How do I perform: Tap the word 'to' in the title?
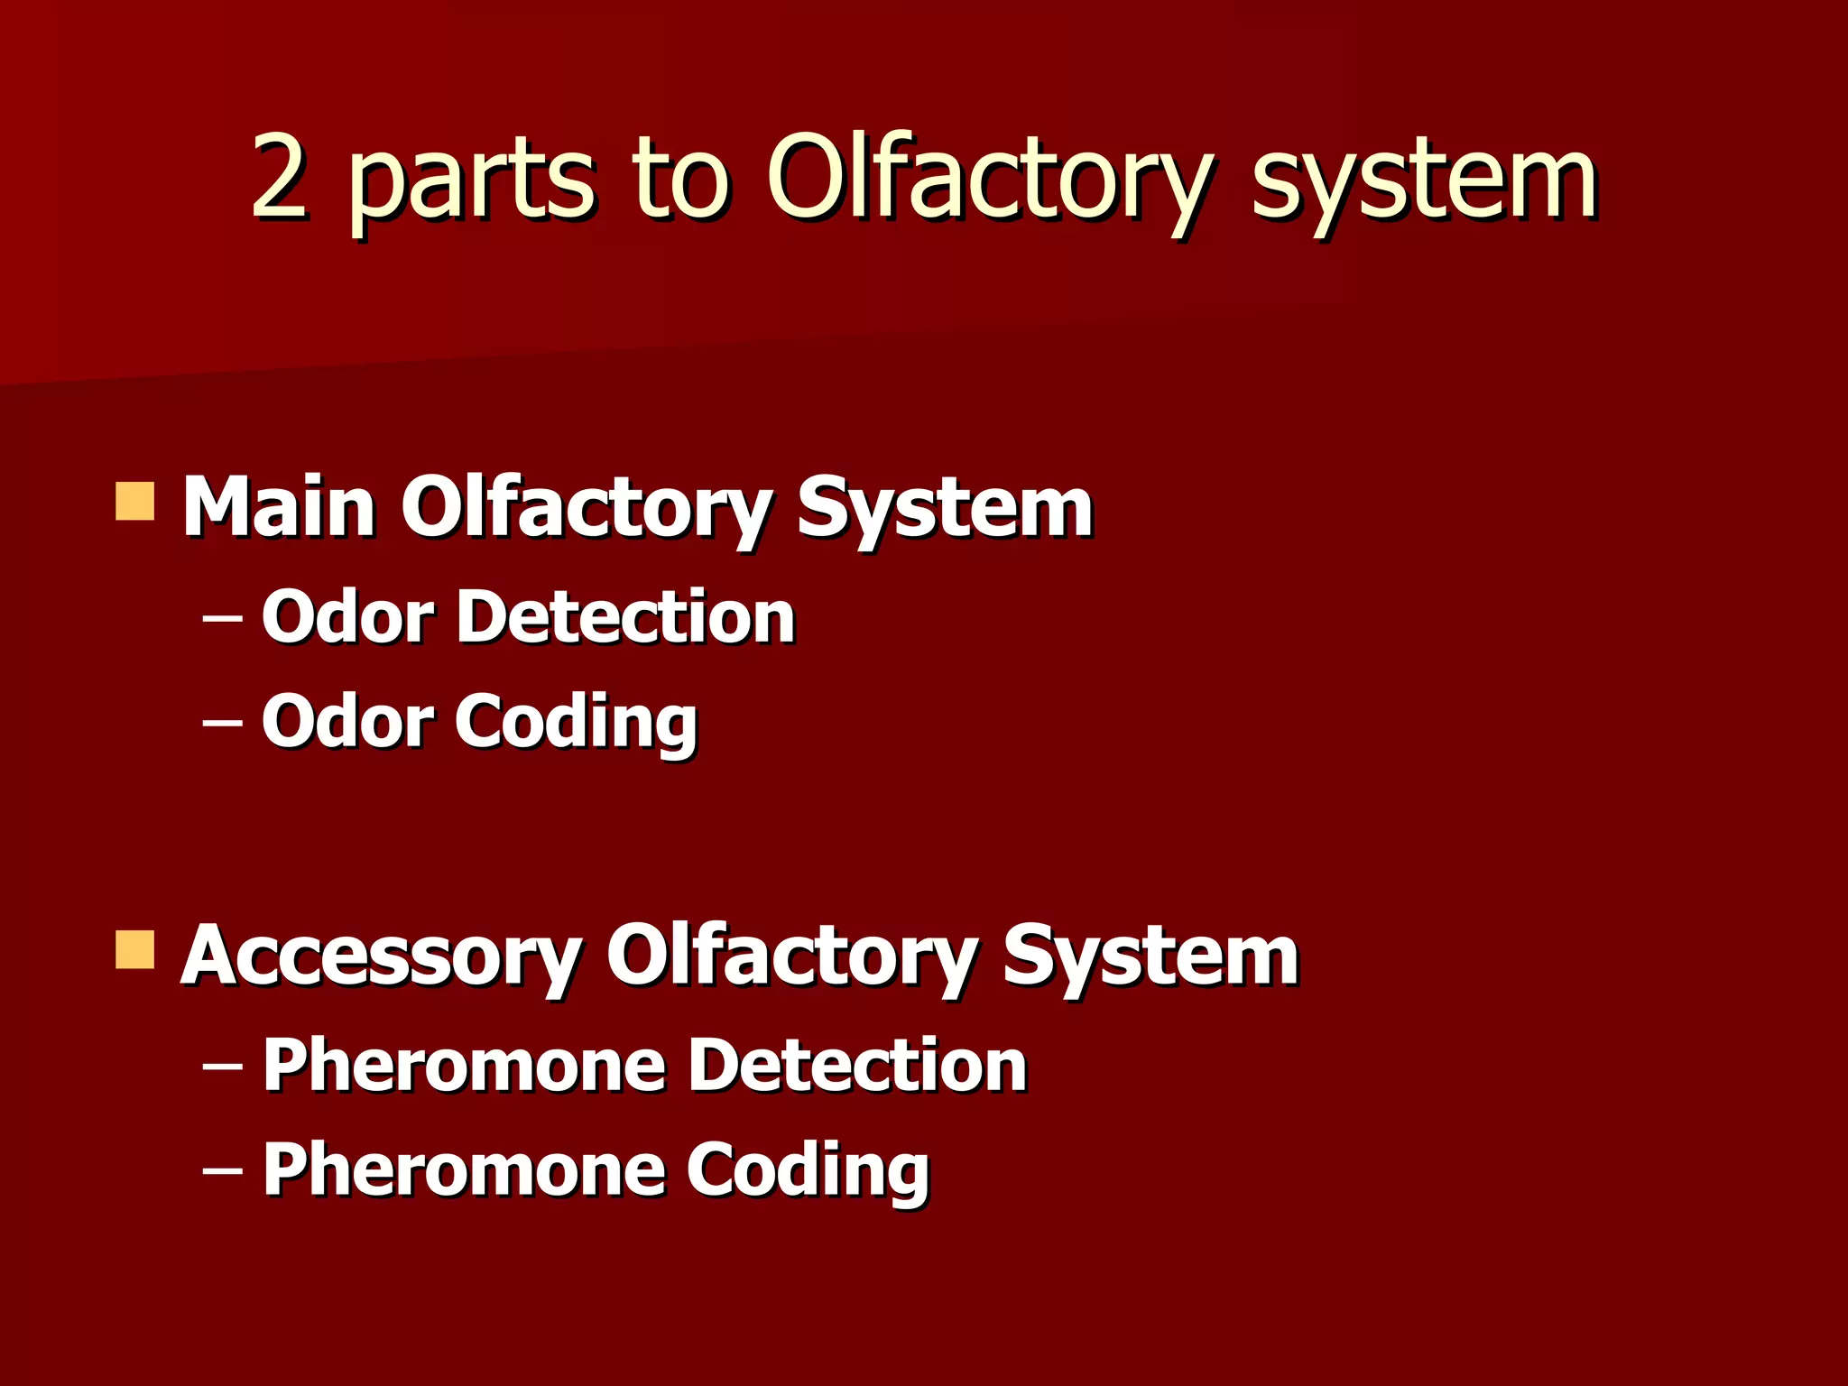[x=681, y=179]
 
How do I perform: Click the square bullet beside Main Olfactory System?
[x=135, y=502]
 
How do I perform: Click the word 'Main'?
[x=279, y=507]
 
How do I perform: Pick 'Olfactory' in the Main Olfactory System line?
[x=585, y=510]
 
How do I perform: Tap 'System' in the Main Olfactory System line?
[x=944, y=510]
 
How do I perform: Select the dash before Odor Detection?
[x=222, y=620]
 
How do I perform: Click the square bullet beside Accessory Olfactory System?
[x=135, y=950]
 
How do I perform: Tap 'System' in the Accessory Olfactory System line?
[x=1150, y=958]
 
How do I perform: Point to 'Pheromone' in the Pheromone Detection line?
[x=464, y=1067]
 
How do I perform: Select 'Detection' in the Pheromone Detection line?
[x=857, y=1067]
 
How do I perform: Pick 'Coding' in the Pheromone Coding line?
[x=808, y=1172]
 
